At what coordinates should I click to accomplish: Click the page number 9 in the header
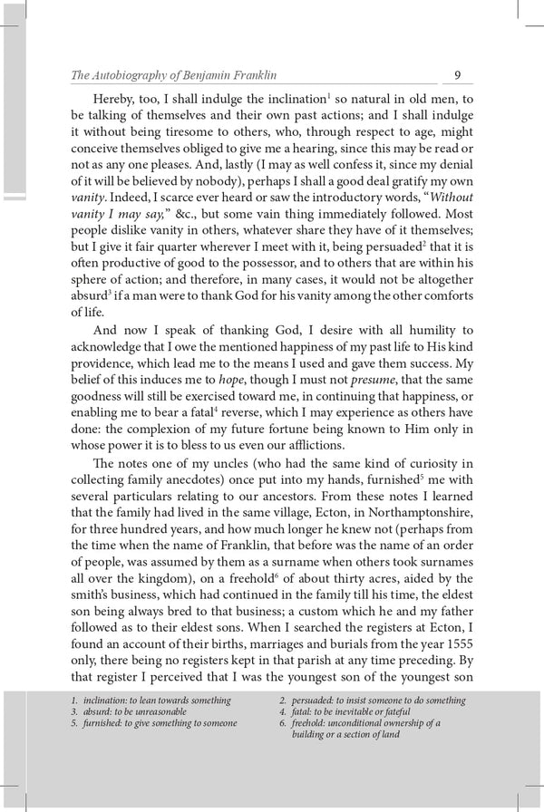coord(458,75)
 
